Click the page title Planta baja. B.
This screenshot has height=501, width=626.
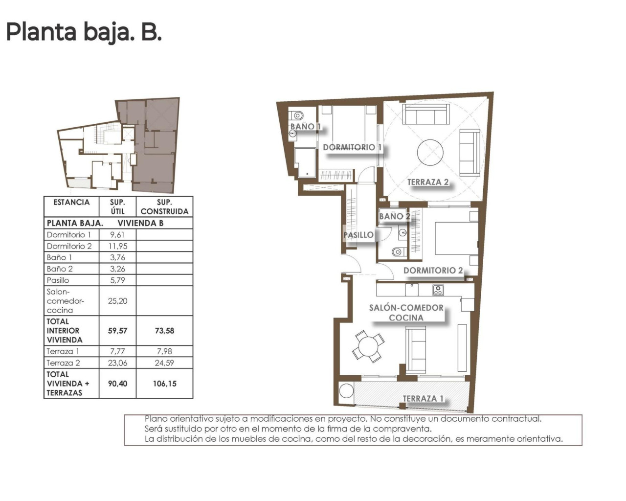pyautogui.click(x=84, y=32)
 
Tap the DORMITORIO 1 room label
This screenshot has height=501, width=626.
pyautogui.click(x=352, y=147)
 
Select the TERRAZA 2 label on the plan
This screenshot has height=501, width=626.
pyautogui.click(x=428, y=182)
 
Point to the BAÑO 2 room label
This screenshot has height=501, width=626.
pyautogui.click(x=394, y=216)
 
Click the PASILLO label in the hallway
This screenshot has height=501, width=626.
pyautogui.click(x=358, y=235)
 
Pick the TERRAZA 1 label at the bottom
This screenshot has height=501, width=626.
pyautogui.click(x=423, y=399)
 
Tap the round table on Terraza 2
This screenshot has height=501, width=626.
pyautogui.click(x=430, y=152)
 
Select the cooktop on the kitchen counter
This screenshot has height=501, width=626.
pyautogui.click(x=438, y=290)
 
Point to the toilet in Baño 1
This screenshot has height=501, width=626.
pyautogui.click(x=297, y=116)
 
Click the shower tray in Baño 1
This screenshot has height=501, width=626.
pyautogui.click(x=305, y=162)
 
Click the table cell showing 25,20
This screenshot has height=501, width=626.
pyautogui.click(x=117, y=301)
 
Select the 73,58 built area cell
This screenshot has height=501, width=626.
pyautogui.click(x=164, y=331)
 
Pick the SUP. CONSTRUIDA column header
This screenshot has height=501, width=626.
pyautogui.click(x=164, y=207)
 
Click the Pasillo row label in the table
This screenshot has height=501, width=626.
pyautogui.click(x=58, y=280)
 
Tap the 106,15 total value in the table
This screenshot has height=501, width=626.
pyautogui.click(x=164, y=384)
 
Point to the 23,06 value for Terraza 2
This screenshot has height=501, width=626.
pyautogui.click(x=117, y=363)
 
